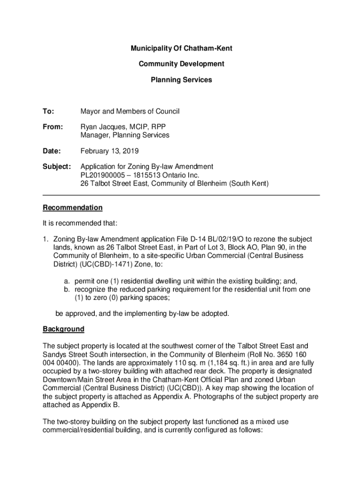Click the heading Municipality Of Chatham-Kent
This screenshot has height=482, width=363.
point(181,48)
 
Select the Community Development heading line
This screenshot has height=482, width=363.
point(181,64)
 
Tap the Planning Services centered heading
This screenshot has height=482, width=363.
point(181,80)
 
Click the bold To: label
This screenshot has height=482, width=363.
point(49,112)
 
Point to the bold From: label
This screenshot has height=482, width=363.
point(52,127)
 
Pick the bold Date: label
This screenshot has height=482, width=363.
point(52,151)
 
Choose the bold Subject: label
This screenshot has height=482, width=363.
point(57,167)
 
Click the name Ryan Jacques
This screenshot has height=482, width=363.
point(103,127)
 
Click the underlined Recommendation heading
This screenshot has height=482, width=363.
point(73,208)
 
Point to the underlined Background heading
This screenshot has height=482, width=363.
point(64,329)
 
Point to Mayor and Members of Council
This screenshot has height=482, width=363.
point(130,112)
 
